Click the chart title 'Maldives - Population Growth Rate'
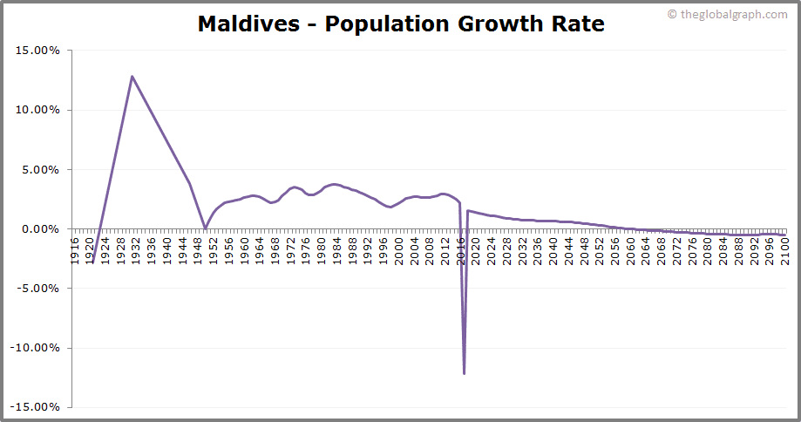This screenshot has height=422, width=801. tap(401, 24)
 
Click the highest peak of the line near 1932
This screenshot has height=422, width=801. tap(132, 76)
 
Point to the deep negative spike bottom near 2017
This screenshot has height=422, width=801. tap(464, 373)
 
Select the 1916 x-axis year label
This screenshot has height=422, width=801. tap(75, 248)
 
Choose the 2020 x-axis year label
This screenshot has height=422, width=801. tap(476, 248)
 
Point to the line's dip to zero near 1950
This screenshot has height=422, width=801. tap(206, 228)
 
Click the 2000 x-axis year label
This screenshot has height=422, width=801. tap(399, 248)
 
